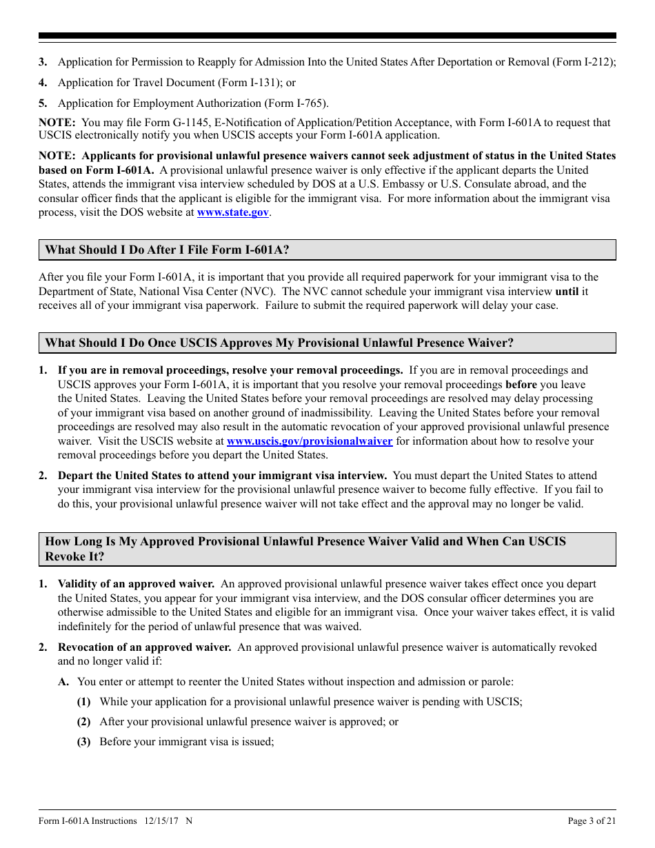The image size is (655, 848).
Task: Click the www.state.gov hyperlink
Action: point(232,212)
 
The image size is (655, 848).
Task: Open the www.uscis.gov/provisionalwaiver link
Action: point(310,441)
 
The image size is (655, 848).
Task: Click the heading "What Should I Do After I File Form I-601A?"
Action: point(167,250)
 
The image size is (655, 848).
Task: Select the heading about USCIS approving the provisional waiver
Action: point(279,343)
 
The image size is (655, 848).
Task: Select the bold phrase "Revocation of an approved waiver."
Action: point(145,647)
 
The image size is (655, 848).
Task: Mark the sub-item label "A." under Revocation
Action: point(64,682)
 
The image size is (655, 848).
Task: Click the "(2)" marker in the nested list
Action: point(83,722)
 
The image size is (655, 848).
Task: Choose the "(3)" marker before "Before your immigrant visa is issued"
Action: point(83,742)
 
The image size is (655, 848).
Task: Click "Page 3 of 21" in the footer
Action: point(592,820)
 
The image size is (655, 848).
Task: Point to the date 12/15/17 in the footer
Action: point(160,820)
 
